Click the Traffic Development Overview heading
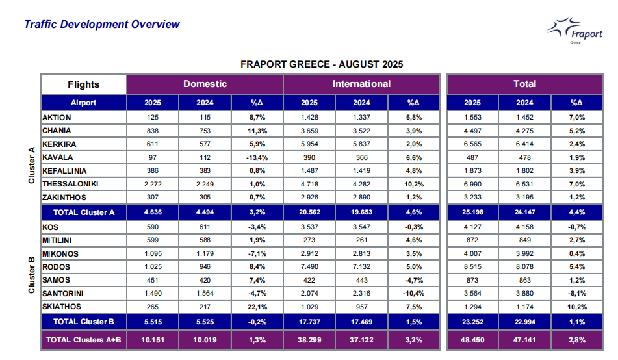point(101,25)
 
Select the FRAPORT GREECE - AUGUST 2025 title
point(321,64)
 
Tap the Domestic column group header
point(205,84)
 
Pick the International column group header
point(361,84)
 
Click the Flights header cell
point(83,84)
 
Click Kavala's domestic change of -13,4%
point(257,157)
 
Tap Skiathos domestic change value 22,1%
point(257,306)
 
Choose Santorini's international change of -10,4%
point(413,293)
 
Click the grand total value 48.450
point(472,339)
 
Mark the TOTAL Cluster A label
point(83,212)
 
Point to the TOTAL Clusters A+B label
point(83,339)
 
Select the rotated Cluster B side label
point(31,274)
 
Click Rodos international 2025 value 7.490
point(309,267)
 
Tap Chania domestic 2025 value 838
point(153,131)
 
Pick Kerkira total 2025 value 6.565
point(472,144)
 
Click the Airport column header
point(83,103)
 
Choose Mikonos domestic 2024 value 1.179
point(205,253)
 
